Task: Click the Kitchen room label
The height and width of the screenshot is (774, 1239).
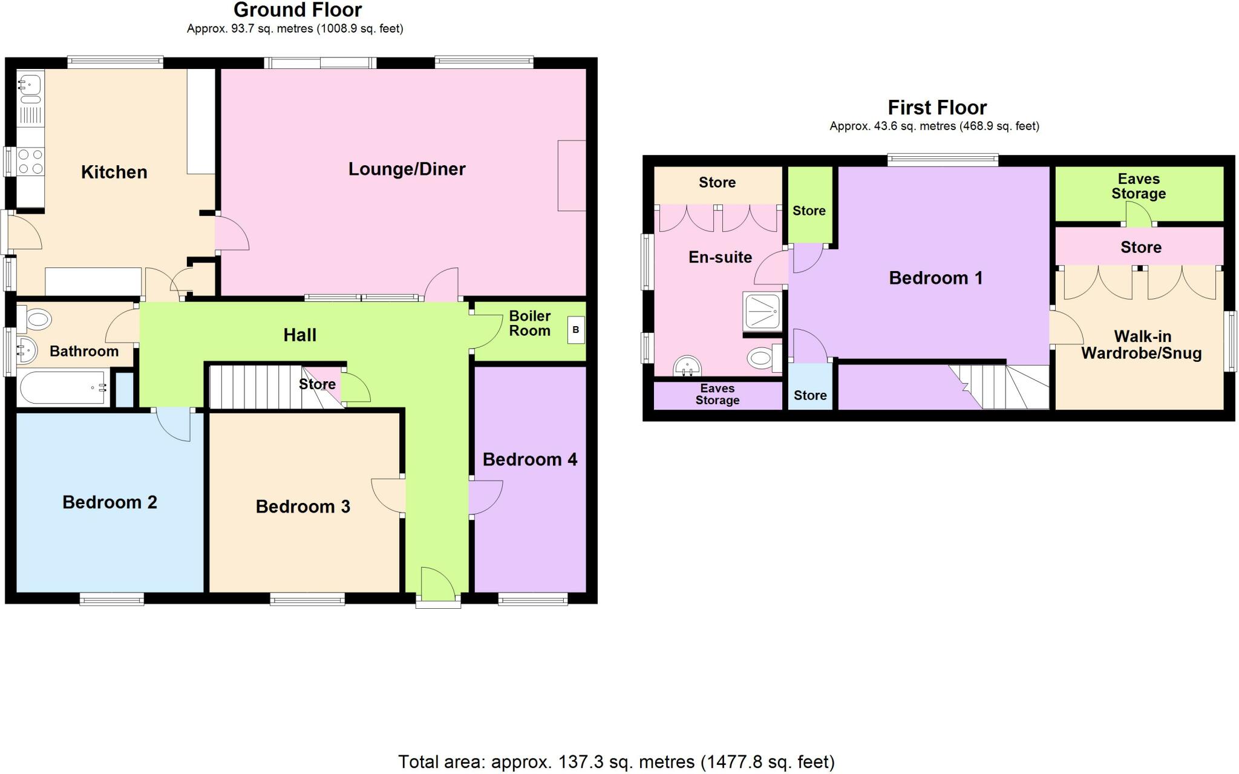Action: point(114,172)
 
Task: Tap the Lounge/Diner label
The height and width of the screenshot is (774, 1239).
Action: point(407,169)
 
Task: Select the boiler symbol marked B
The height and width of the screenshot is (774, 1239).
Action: point(575,330)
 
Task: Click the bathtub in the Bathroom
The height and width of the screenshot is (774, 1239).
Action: point(62,388)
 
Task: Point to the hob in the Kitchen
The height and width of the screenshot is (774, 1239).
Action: point(30,161)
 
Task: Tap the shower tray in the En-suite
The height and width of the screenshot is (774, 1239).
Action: point(762,311)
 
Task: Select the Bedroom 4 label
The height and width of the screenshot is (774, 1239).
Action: point(529,460)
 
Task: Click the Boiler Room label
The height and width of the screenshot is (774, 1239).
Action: point(529,324)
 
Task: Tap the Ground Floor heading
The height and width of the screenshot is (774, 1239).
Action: point(298,10)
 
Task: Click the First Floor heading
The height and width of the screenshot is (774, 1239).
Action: point(937,108)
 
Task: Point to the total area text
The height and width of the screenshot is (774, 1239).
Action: point(616,762)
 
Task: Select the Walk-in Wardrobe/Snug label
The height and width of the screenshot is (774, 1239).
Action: point(1141,345)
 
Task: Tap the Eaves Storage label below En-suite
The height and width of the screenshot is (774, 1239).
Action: point(717,395)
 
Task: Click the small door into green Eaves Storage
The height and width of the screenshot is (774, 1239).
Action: point(1139,215)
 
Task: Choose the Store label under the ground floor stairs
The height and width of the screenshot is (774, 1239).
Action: point(317,385)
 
